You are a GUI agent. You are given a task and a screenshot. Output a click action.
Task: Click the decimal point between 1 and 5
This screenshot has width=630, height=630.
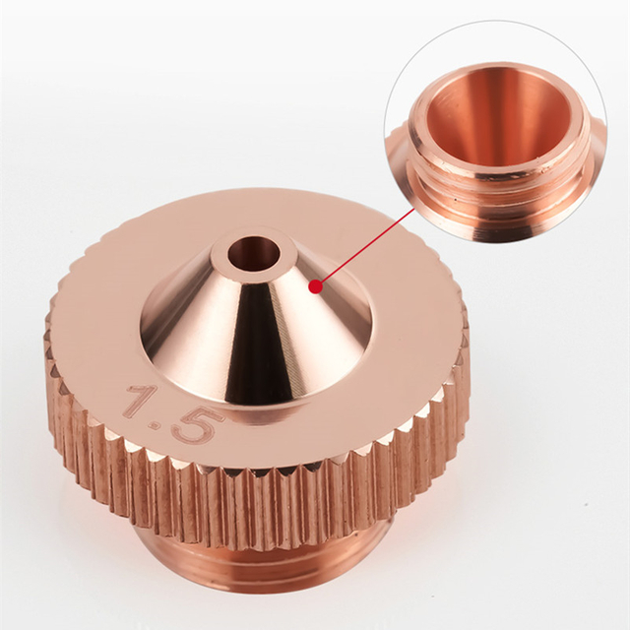[164, 426]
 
